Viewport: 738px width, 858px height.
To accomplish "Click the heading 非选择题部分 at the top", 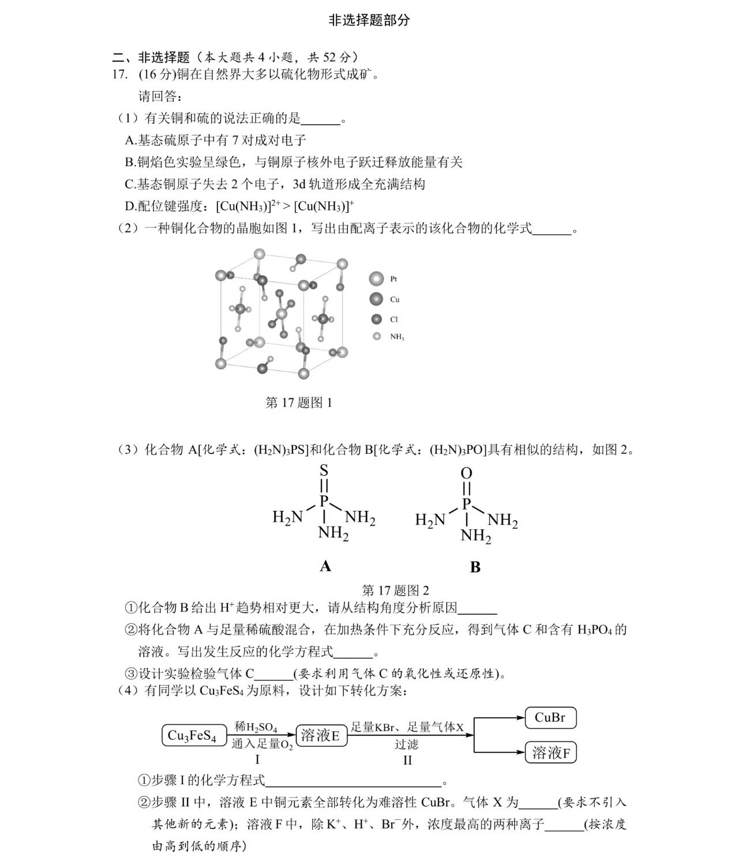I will point(369,20).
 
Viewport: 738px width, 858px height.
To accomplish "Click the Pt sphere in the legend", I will point(376,279).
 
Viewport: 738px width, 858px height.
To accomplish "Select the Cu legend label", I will point(395,299).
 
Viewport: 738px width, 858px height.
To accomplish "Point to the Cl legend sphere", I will point(377,319).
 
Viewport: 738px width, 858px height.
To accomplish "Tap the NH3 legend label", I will point(397,337).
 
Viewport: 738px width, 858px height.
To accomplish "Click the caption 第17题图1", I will point(298,403).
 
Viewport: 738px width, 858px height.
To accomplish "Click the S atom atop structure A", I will point(324,471).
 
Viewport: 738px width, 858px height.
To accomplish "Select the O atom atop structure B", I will point(466,473).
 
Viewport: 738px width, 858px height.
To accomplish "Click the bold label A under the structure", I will point(325,566).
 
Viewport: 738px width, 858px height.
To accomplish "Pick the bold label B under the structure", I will point(475,567).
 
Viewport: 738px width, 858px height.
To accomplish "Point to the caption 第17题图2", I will point(395,590).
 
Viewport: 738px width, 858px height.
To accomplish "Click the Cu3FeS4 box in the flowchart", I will point(192,736).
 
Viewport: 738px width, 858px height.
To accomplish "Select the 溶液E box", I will point(321,736).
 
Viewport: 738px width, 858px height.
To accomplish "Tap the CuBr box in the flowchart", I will point(550,718).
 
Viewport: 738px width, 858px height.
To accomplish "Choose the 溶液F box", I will point(550,752).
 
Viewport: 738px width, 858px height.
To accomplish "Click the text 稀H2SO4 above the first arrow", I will point(256,727).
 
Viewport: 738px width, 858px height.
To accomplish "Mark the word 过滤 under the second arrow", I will point(407,744).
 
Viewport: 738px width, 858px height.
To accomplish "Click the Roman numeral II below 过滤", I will point(407,760).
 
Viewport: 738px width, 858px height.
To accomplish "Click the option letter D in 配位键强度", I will point(130,206).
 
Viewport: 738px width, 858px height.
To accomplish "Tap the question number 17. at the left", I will point(119,74).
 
